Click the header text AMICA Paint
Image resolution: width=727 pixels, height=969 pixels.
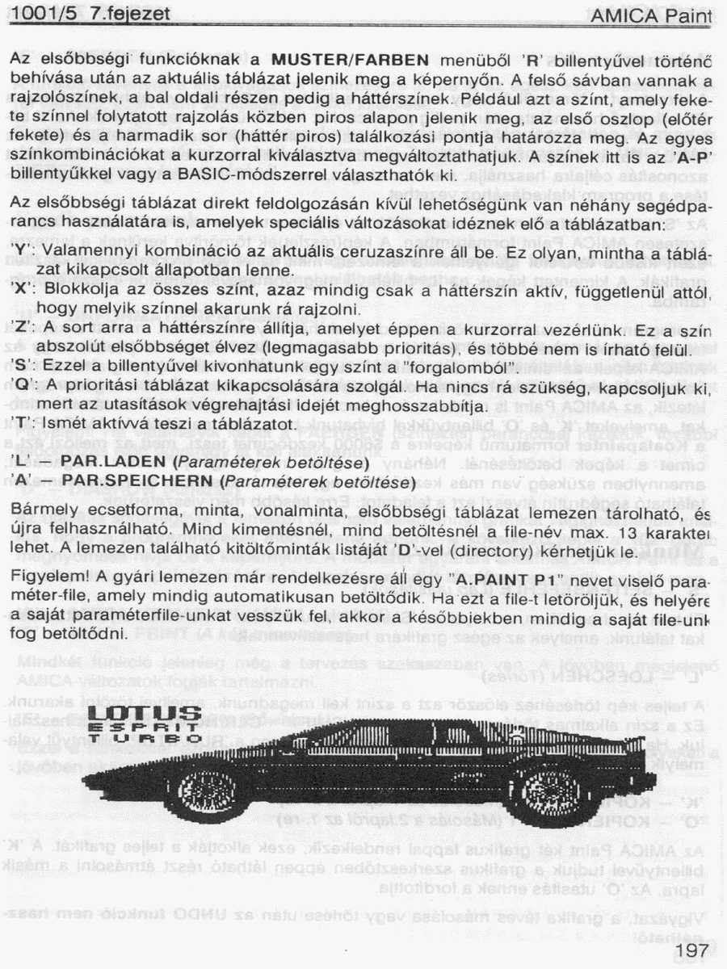651,15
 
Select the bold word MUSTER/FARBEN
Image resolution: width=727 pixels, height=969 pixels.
350,60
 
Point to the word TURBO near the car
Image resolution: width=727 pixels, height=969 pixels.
145,738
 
